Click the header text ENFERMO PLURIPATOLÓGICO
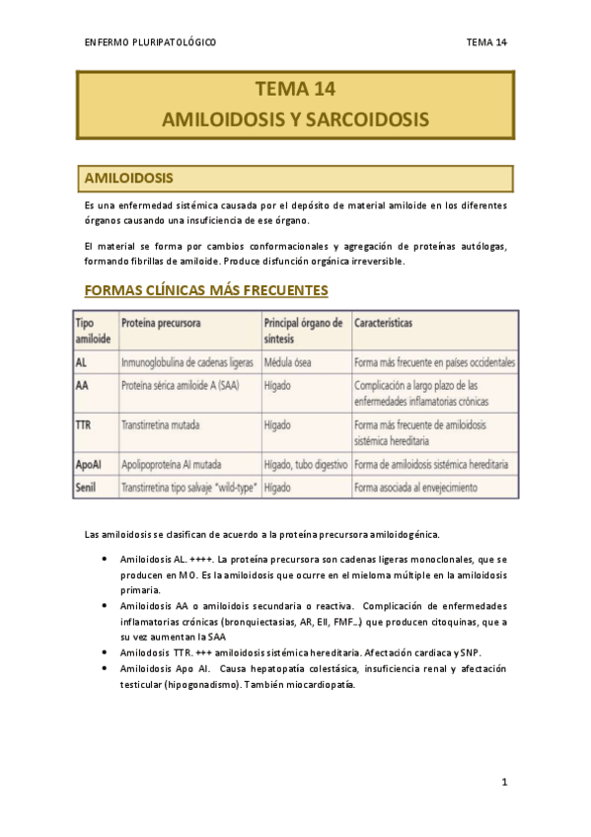coord(151,42)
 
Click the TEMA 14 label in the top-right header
coord(486,42)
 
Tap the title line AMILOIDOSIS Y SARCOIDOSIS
coord(295,119)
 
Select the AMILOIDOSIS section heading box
coord(295,179)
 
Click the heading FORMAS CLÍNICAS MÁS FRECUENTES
coord(206,290)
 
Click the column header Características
coord(384,324)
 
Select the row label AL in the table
coord(82,362)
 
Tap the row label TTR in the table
coord(85,425)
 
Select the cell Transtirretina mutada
coord(160,425)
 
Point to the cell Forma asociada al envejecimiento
coord(415,487)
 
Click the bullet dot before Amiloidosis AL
coord(106,559)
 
